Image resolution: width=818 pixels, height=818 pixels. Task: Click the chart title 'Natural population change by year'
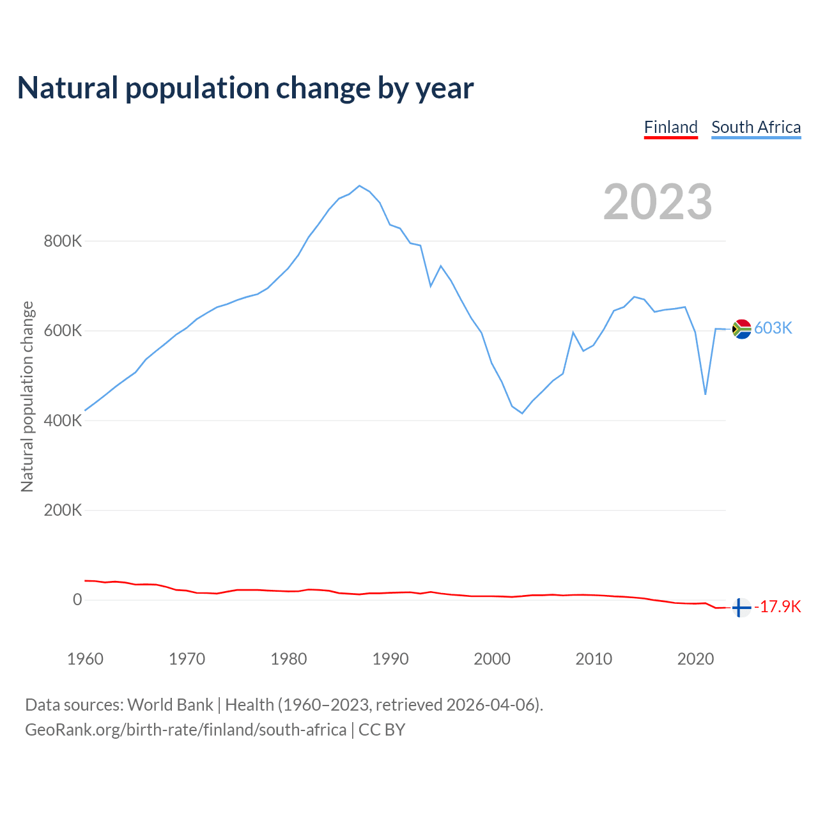(245, 88)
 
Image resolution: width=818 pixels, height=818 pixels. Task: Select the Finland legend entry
(670, 127)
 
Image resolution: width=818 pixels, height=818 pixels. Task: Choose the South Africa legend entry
(756, 127)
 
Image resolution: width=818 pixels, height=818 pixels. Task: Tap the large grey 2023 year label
(658, 202)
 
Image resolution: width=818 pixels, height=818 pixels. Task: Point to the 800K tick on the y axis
(63, 242)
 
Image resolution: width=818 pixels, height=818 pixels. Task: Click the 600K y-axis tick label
(63, 331)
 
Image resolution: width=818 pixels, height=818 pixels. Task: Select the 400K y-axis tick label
(63, 421)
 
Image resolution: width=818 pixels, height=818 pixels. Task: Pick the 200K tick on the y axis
(63, 510)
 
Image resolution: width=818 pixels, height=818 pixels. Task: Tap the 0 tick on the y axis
(77, 599)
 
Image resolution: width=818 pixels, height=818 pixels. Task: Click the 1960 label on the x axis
(85, 659)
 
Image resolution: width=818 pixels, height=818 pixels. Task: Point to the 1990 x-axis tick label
(390, 659)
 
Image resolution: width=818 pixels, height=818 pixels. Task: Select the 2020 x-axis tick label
(695, 659)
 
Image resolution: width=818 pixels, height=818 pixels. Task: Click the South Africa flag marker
(741, 329)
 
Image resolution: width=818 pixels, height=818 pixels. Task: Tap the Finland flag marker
(740, 608)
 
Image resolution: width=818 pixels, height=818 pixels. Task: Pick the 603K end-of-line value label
(773, 328)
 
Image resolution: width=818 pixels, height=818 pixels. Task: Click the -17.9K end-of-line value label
(778, 606)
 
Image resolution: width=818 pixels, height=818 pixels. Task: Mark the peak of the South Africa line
(359, 186)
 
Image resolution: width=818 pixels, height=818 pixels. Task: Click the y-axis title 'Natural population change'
(27, 396)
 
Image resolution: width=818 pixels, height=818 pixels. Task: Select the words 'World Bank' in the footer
(170, 705)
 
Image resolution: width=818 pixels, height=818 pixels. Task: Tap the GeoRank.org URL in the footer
(185, 730)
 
